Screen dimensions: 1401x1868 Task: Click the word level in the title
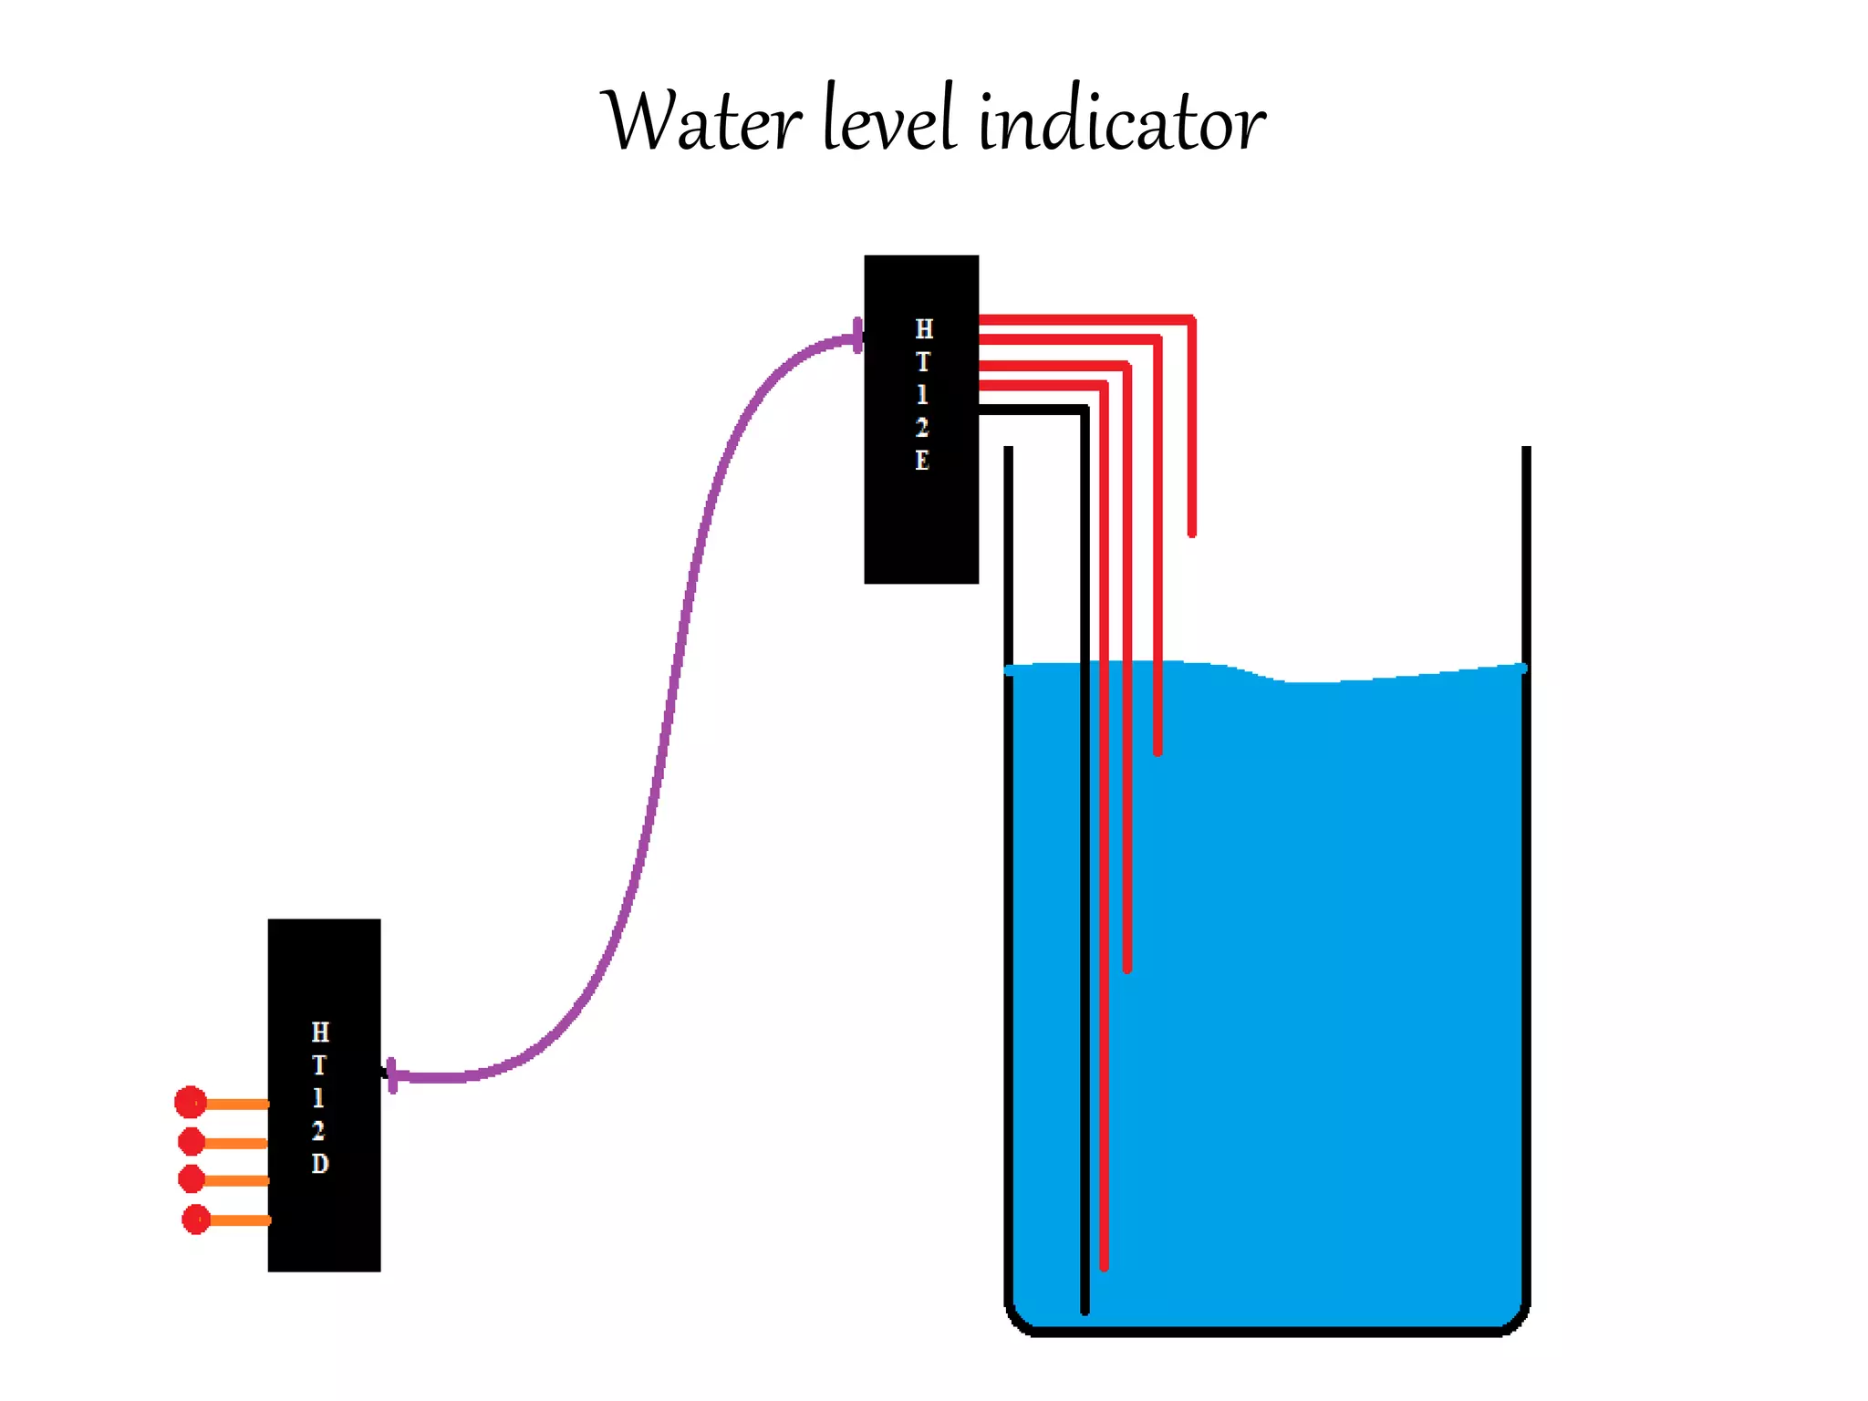(889, 120)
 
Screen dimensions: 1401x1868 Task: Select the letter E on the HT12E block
(922, 461)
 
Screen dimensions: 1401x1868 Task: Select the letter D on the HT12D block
(319, 1164)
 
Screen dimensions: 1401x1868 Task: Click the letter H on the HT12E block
(924, 329)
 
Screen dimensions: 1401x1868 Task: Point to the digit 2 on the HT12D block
(318, 1131)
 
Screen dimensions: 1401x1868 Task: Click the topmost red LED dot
(191, 1102)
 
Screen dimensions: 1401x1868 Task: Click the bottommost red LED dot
(196, 1219)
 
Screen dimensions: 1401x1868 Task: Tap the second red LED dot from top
(192, 1141)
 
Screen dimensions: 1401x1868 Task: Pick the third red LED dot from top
(192, 1179)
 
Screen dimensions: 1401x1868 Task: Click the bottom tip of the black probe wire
(1084, 1310)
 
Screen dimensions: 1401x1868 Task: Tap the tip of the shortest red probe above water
(1192, 533)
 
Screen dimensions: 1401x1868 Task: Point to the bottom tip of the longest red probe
(1104, 1266)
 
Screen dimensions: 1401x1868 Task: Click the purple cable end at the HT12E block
(856, 337)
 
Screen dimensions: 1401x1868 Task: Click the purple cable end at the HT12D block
(392, 1076)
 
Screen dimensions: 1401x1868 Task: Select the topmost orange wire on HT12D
(238, 1104)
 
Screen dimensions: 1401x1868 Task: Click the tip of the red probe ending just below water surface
(1157, 751)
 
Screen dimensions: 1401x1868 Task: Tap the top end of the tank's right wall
(1526, 451)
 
